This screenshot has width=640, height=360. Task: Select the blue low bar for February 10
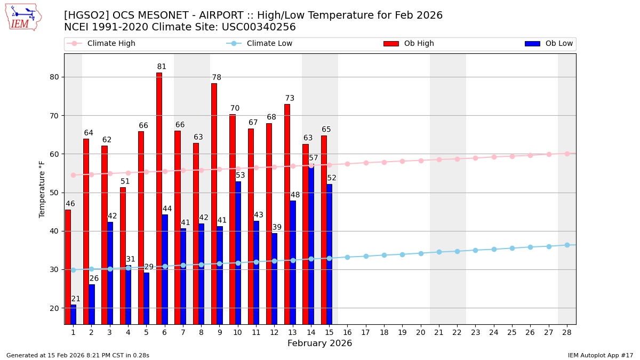pos(238,253)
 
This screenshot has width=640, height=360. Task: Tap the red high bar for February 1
pos(68,267)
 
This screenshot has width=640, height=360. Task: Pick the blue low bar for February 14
pos(311,245)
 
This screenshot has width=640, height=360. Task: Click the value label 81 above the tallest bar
pos(162,67)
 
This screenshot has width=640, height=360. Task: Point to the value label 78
pos(217,78)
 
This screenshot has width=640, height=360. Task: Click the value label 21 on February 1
pos(76,299)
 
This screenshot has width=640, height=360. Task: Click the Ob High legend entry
pos(409,44)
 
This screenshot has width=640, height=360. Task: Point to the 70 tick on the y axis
pos(54,116)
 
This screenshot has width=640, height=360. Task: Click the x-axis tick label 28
pos(567,332)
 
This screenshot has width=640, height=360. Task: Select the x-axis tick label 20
pos(421,332)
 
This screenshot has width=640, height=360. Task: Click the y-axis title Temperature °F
pos(42,189)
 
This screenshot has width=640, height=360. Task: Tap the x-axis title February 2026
pos(319,343)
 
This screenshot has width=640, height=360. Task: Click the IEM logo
pos(23,17)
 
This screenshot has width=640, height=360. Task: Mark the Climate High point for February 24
pos(494,157)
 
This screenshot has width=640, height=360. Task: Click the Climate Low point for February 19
pos(402,254)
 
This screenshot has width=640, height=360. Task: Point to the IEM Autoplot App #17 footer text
pos(601,355)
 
